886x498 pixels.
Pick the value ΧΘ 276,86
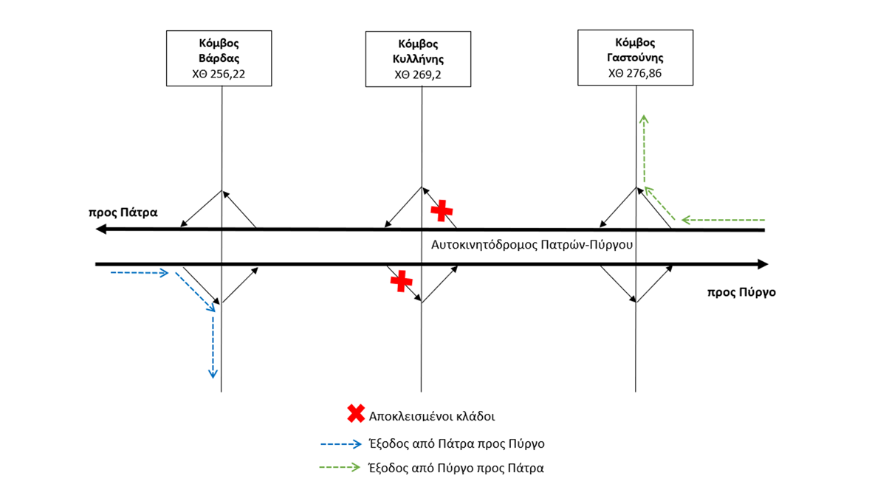coord(636,72)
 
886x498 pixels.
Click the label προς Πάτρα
coord(123,212)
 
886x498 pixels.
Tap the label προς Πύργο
coord(741,292)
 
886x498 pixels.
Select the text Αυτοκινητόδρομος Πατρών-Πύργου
coord(532,244)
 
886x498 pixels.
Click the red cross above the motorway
coord(442,210)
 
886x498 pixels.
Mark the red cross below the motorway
coord(401,280)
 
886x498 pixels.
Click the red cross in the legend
coord(356,414)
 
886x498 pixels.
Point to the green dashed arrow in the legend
coord(340,468)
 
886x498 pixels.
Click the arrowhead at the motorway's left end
coord(102,229)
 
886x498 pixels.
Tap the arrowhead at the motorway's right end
coord(763,264)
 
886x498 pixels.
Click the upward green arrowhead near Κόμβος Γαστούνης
coord(644,119)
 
